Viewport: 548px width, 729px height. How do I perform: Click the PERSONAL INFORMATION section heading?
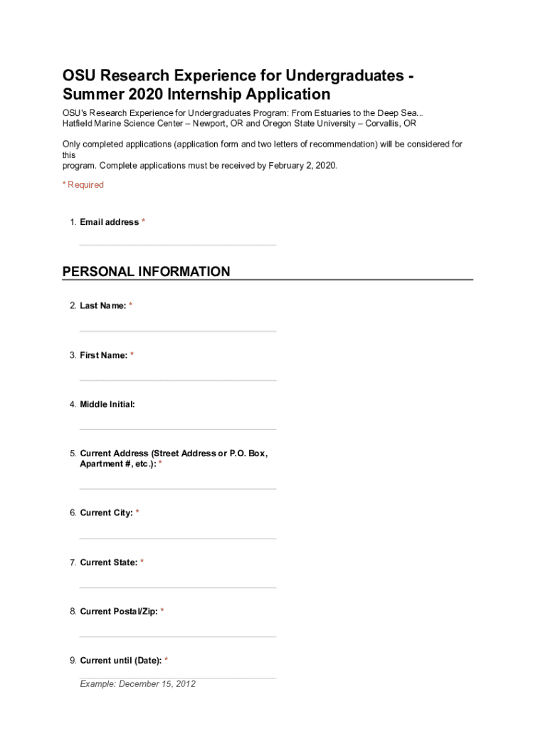click(x=146, y=271)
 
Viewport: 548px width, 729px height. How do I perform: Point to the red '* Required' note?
click(x=83, y=185)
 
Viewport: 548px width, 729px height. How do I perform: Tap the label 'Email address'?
click(x=109, y=222)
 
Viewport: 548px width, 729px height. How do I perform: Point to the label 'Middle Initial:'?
click(x=107, y=404)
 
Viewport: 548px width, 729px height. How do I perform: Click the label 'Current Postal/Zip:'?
click(x=118, y=612)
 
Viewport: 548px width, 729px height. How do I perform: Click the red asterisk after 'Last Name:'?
click(x=130, y=305)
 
